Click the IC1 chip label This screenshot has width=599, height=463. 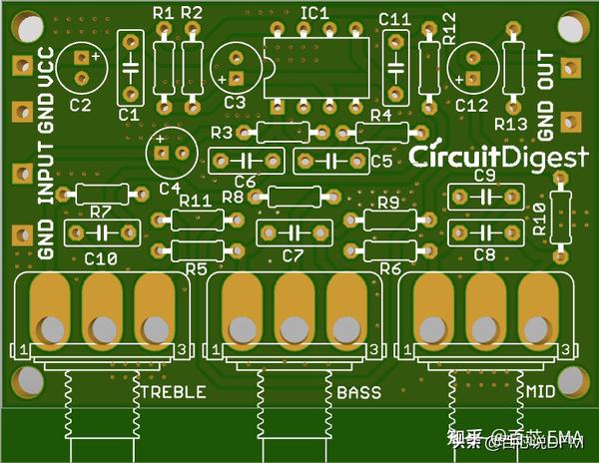coord(314,12)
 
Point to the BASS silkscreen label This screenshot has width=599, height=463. coord(359,392)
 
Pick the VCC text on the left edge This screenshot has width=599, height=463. coord(45,68)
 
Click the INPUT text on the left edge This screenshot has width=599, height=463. coord(45,173)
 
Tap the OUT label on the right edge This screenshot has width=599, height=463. coord(545,73)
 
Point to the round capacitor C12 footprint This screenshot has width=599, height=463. coord(470,68)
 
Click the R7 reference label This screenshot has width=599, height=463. coord(99,212)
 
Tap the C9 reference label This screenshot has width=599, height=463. coord(485,176)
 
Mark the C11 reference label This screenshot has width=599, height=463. coord(395,18)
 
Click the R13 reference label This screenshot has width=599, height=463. coord(511,124)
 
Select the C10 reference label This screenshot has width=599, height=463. coord(101,258)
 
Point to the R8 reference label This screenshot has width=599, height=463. coord(234,198)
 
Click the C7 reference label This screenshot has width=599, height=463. coord(292,256)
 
